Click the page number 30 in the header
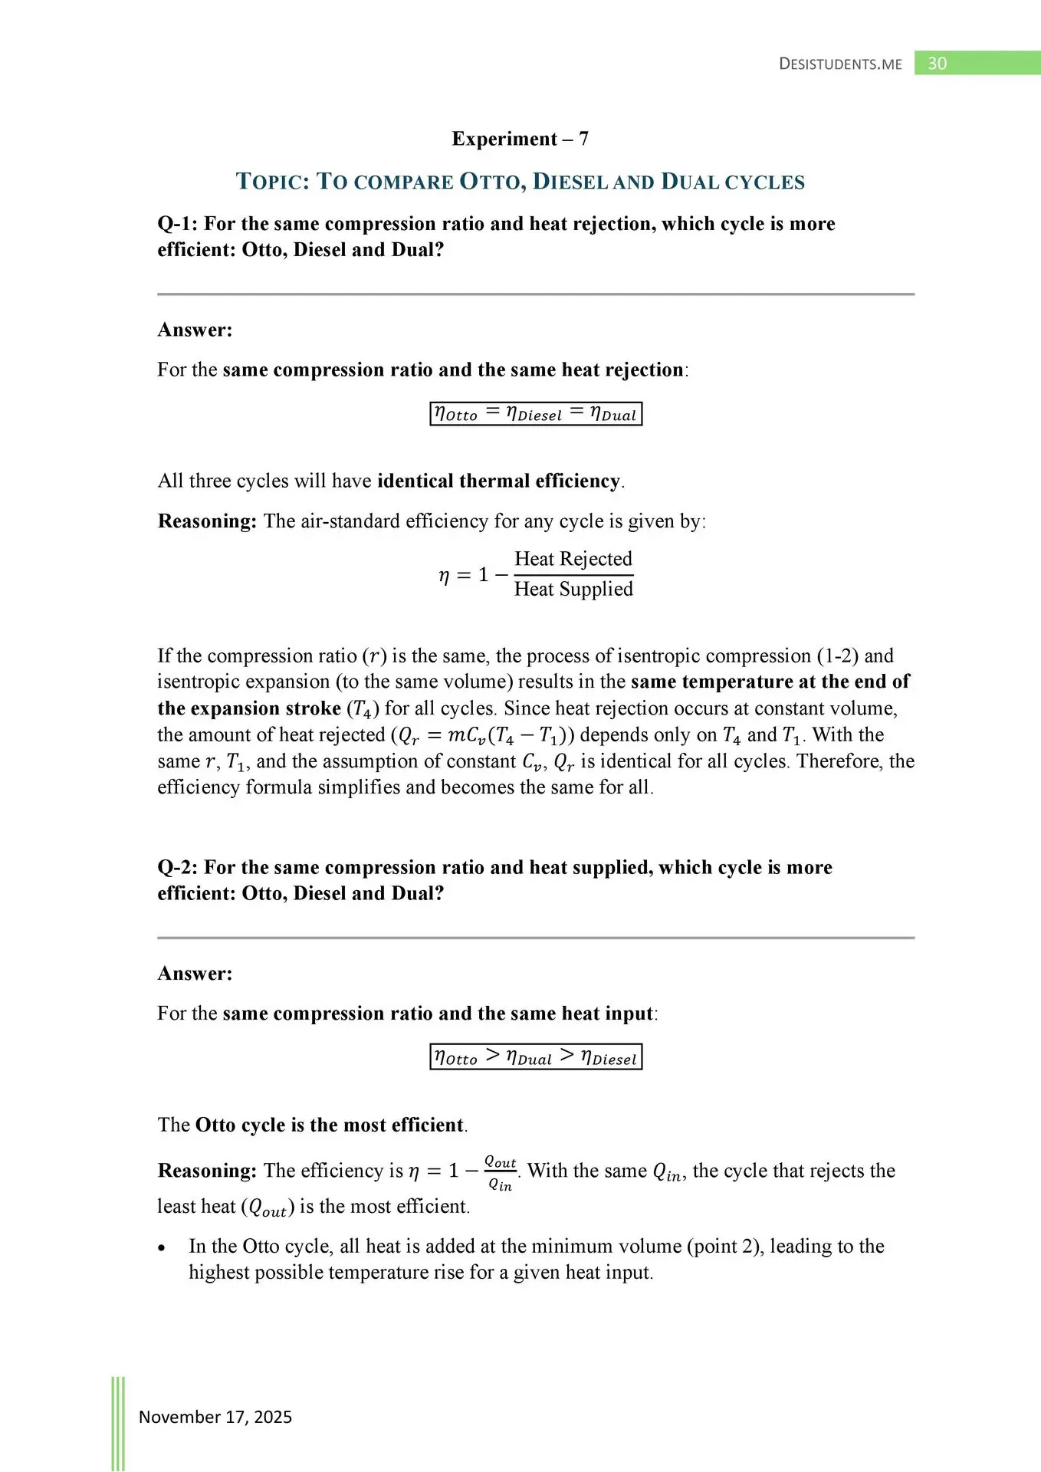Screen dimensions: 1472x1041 pos(937,64)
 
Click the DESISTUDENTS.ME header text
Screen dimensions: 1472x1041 pos(840,64)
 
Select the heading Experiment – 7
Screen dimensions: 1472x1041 pos(520,139)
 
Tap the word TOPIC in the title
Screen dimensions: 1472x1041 pos(272,182)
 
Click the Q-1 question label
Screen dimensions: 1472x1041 pos(178,224)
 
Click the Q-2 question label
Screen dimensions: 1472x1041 pos(178,867)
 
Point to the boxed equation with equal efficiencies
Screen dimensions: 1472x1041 pos(535,414)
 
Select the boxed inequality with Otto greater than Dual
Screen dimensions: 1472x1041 pos(535,1057)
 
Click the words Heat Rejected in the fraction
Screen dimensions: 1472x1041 pos(573,559)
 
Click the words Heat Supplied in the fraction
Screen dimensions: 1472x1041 pos(573,589)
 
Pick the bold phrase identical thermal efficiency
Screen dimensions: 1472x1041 pos(498,481)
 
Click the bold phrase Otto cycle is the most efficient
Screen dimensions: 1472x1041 pos(330,1125)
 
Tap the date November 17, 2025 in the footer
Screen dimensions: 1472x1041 pos(215,1417)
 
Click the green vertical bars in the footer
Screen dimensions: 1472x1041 pos(118,1422)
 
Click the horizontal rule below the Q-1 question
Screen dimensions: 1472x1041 pos(535,294)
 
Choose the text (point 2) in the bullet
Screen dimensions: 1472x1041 pos(724,1247)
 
